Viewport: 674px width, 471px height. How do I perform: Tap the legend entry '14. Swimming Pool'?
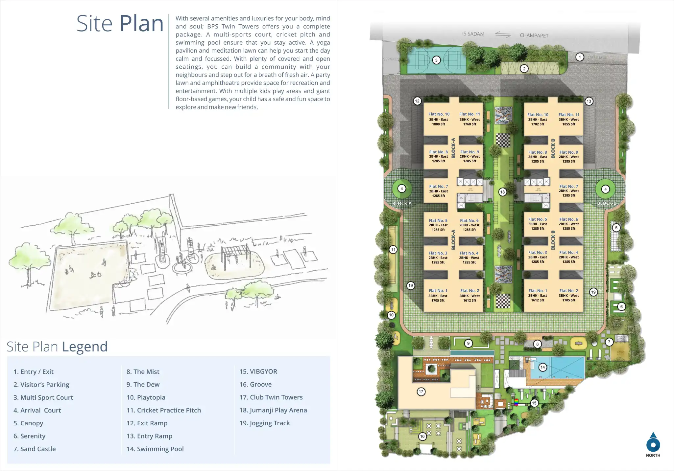pyautogui.click(x=155, y=449)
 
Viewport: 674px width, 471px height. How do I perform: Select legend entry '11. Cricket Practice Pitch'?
pyautogui.click(x=164, y=410)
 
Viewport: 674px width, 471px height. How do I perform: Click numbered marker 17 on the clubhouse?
pyautogui.click(x=421, y=392)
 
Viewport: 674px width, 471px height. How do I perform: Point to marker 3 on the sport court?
pyautogui.click(x=436, y=60)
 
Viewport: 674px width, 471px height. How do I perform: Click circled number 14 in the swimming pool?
pyautogui.click(x=542, y=367)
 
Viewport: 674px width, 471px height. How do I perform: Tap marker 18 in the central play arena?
pyautogui.click(x=502, y=192)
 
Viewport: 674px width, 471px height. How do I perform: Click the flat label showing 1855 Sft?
pyautogui.click(x=569, y=119)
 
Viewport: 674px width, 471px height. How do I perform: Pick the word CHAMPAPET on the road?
pyautogui.click(x=534, y=35)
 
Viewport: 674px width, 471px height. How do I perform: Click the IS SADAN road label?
pyautogui.click(x=473, y=34)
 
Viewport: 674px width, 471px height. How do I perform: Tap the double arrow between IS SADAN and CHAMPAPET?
pyautogui.click(x=503, y=34)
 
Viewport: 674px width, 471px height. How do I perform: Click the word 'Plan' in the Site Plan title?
pyautogui.click(x=141, y=24)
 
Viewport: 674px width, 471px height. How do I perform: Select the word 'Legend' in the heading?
pyautogui.click(x=84, y=347)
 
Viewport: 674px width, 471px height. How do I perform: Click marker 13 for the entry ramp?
pyautogui.click(x=589, y=101)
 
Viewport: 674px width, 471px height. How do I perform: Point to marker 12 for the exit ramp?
pyautogui.click(x=417, y=101)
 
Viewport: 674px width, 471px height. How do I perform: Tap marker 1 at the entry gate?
pyautogui.click(x=580, y=57)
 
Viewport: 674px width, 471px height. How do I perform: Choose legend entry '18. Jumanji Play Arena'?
pyautogui.click(x=273, y=410)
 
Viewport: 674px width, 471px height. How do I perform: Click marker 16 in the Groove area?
pyautogui.click(x=422, y=436)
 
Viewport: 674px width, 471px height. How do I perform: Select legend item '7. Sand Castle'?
pyautogui.click(x=35, y=449)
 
